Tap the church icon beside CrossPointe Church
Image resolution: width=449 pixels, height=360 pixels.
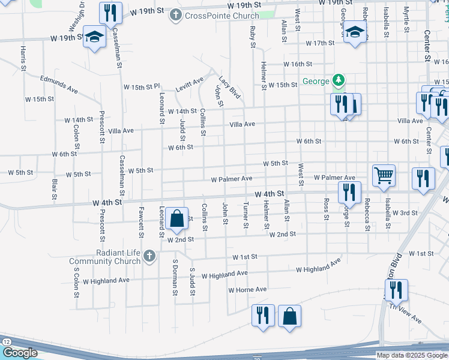tap(176, 14)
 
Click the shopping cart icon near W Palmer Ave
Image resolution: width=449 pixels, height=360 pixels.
tap(384, 176)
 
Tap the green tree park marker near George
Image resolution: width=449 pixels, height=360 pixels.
tap(339, 80)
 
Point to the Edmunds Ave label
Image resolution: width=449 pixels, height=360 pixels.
tap(59, 84)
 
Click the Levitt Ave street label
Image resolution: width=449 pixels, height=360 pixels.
tap(190, 83)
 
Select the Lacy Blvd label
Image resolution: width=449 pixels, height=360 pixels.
tap(229, 87)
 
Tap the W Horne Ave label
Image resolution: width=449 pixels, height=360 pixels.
tap(247, 290)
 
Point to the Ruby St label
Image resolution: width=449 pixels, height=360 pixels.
tap(253, 37)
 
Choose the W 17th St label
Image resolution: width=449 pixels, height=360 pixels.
tap(319, 43)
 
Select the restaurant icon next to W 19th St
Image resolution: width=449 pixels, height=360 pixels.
tap(110, 13)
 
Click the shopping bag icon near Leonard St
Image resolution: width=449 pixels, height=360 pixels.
tap(177, 219)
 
